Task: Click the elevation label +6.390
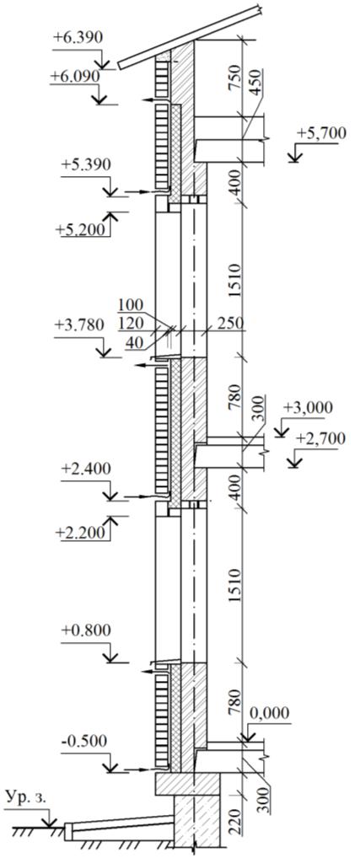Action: [x=78, y=38]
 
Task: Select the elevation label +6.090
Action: [x=74, y=77]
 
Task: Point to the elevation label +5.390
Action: [x=86, y=164]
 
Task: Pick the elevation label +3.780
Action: [x=78, y=325]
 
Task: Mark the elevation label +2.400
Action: [x=86, y=469]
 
